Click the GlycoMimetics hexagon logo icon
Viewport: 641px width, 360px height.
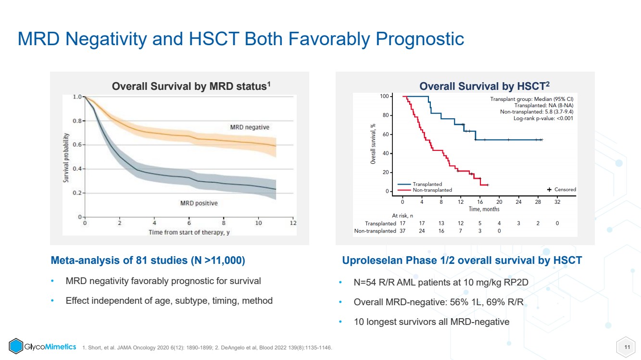click(16, 346)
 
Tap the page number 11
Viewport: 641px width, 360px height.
click(627, 347)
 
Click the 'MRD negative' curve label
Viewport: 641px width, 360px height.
click(250, 127)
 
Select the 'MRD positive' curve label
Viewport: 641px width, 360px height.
click(199, 203)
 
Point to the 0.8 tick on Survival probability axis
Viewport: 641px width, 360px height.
click(77, 121)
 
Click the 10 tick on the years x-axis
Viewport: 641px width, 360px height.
click(258, 223)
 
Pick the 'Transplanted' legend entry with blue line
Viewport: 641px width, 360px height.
click(420, 184)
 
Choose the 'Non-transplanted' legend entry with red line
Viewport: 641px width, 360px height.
click(425, 190)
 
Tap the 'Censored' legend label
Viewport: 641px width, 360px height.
click(565, 189)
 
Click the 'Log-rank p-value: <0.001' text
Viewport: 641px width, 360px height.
click(543, 118)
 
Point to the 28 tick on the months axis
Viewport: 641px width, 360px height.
click(538, 202)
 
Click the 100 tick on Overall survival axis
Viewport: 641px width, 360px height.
click(384, 96)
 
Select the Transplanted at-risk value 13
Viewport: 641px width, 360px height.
click(441, 223)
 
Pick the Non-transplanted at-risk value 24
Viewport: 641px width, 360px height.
click(422, 231)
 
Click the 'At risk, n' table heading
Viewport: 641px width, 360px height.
click(402, 216)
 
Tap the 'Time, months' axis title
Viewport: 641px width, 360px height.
click(484, 209)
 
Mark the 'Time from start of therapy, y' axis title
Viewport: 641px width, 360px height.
click(189, 232)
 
